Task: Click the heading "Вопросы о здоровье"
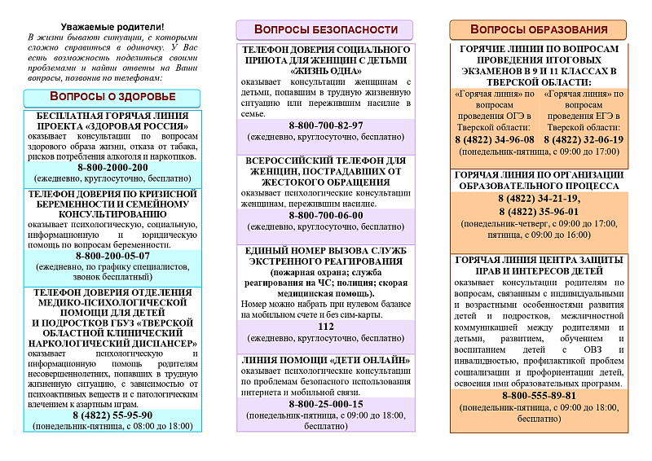click(112, 98)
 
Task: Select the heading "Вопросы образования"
click(539, 29)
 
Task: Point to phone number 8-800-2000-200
click(112, 167)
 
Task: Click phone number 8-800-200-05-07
click(112, 255)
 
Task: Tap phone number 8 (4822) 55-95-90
click(112, 414)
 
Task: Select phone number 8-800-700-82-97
click(326, 125)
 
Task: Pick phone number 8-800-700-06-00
click(326, 214)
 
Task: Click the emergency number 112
click(326, 326)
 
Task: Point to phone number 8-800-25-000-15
click(326, 403)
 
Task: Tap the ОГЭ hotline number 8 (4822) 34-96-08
click(496, 140)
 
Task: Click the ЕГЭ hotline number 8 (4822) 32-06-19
click(584, 140)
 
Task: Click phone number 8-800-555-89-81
click(540, 395)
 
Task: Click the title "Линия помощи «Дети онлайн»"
click(326, 359)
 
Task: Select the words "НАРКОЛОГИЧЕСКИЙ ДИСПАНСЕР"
click(112, 344)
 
